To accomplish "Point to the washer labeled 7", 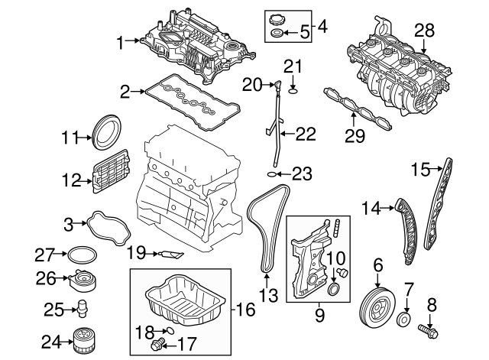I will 406,319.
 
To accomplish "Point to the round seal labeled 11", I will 105,131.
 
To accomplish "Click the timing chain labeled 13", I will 264,229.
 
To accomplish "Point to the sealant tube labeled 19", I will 170,253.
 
